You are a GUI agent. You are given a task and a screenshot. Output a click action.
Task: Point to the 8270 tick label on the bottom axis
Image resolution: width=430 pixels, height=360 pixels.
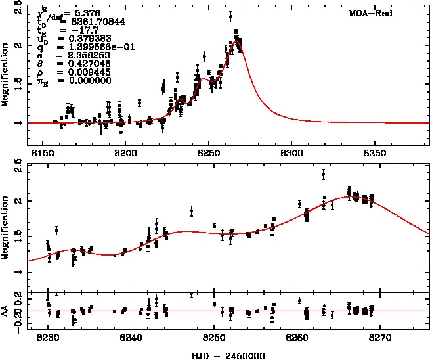(380, 336)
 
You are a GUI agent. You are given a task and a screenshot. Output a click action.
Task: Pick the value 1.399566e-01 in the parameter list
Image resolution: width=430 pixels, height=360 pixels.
(88, 47)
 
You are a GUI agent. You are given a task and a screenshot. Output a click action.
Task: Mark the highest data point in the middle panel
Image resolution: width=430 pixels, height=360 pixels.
(323, 174)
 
